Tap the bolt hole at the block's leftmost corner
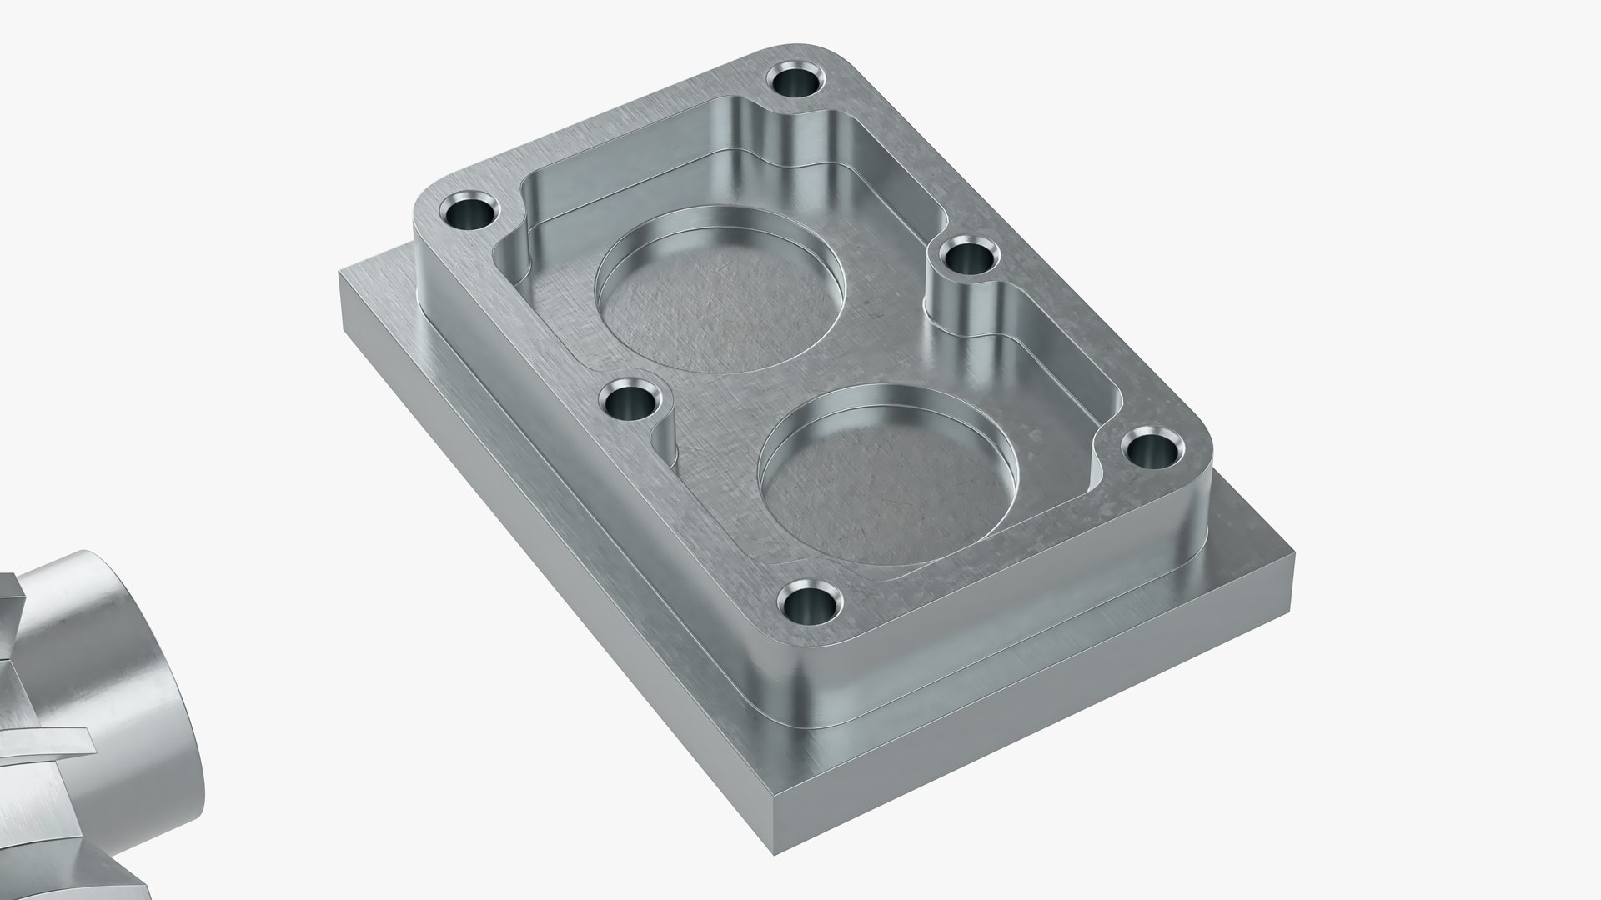click(x=469, y=212)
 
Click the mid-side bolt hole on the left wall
click(x=631, y=402)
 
